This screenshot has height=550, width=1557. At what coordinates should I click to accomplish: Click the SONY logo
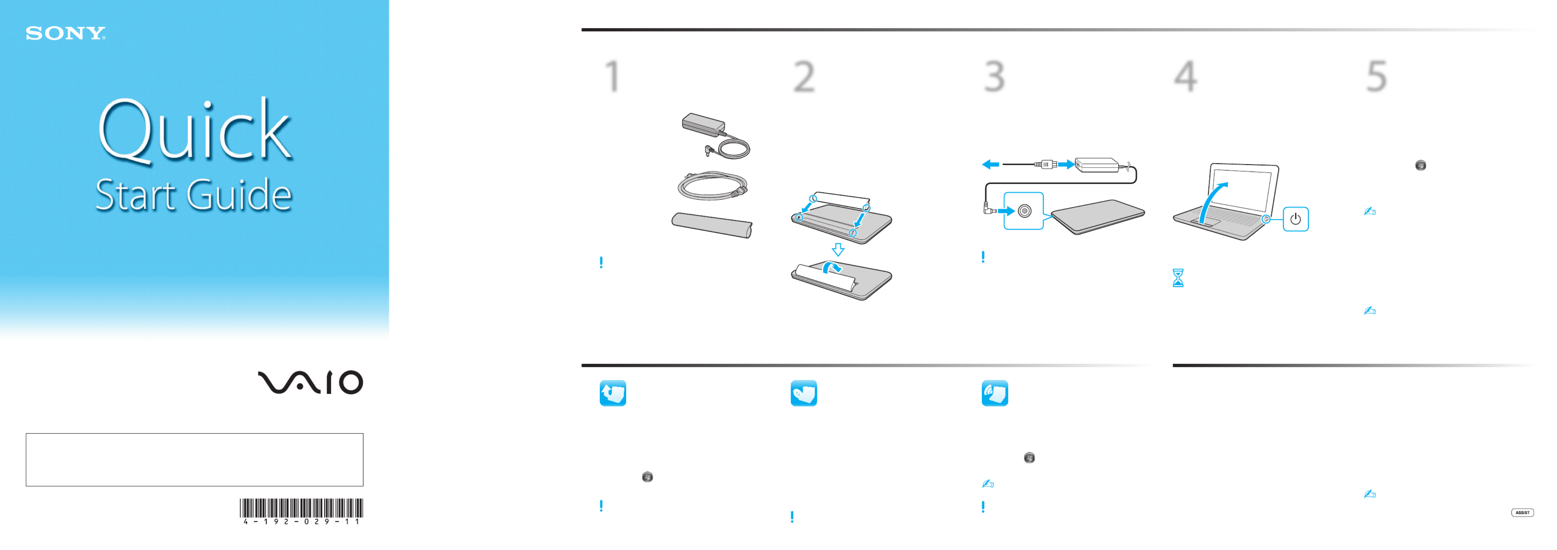click(65, 33)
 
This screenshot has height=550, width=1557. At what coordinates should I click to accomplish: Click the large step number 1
click(613, 76)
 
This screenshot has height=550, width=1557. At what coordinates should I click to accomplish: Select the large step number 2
click(804, 77)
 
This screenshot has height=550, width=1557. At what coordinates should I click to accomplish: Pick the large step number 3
click(994, 77)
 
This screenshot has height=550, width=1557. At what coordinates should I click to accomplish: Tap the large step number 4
click(1185, 77)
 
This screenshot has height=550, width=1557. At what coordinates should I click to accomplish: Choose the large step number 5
click(1376, 77)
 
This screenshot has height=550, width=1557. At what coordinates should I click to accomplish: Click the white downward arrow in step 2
click(838, 250)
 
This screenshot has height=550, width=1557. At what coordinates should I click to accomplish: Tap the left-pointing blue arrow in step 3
click(990, 164)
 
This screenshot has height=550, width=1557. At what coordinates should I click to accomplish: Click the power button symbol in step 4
click(1295, 219)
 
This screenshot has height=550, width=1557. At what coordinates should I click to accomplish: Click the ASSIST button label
click(1522, 513)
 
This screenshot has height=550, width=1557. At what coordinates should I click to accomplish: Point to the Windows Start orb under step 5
click(1420, 165)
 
